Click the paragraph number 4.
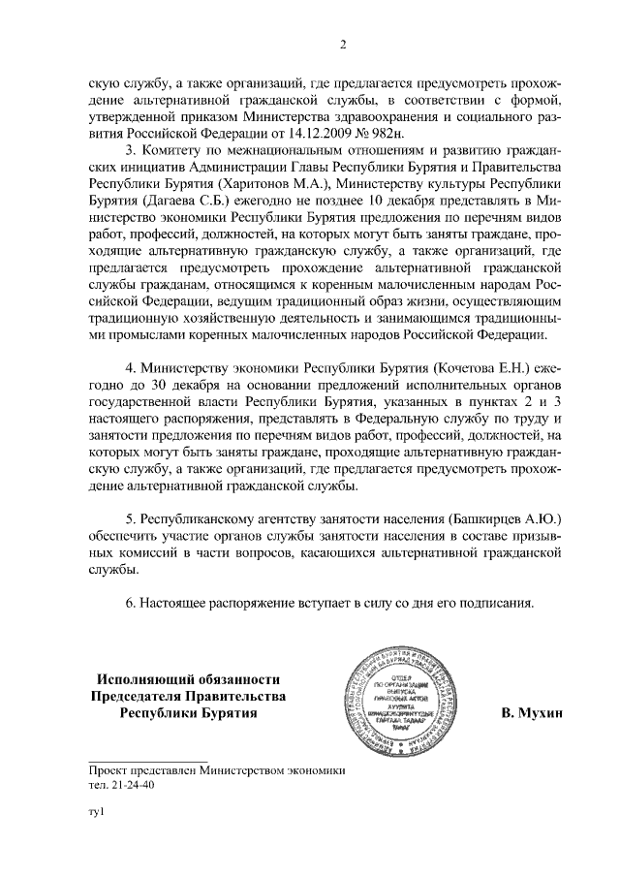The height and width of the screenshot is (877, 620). [x=132, y=368]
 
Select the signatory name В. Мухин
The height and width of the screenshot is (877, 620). [x=531, y=713]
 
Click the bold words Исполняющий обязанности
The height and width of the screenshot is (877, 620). [x=188, y=678]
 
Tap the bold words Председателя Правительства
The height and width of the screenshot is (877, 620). [x=188, y=696]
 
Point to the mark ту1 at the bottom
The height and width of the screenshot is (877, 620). [x=96, y=823]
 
